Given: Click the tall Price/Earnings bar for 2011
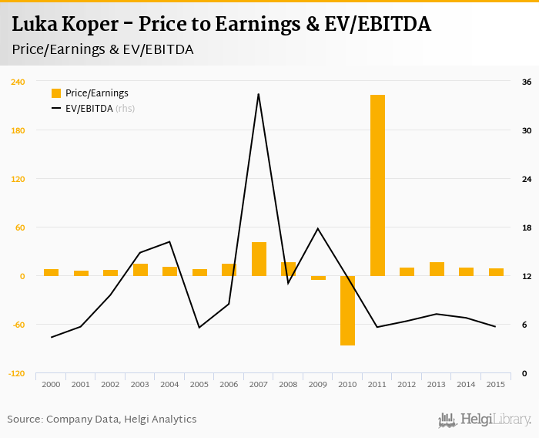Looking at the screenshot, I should [377, 185].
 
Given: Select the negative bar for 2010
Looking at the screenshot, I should [347, 310].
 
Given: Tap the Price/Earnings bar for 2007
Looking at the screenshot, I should [259, 259].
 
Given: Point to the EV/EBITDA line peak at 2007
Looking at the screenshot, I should [258, 94].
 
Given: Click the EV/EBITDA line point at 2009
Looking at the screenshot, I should [318, 228].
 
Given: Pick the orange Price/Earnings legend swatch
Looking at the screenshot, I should [55, 93].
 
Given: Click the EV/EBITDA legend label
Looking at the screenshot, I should [89, 109].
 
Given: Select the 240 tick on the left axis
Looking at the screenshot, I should [18, 82].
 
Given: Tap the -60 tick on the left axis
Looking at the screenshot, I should [18, 325].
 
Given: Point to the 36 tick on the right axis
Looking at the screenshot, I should [527, 82].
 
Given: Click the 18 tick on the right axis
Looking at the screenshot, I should [527, 227].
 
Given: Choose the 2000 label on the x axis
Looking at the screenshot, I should [51, 384].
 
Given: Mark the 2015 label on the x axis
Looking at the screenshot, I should [496, 384].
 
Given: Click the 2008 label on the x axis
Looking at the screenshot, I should [288, 384].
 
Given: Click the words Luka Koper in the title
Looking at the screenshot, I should [64, 25].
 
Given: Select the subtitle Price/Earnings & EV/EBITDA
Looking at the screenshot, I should [102, 49].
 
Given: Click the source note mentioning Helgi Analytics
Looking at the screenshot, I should [102, 419].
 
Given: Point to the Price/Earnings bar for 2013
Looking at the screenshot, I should [437, 269].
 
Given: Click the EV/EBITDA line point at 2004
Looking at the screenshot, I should [169, 242].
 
